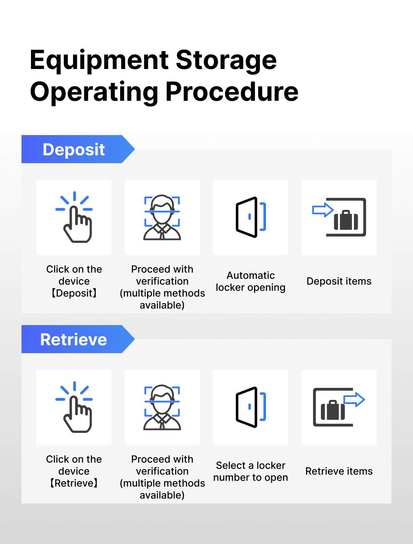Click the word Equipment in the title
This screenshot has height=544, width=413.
click(x=99, y=61)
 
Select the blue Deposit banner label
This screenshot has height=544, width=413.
click(x=74, y=150)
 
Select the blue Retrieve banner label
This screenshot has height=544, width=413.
click(x=74, y=339)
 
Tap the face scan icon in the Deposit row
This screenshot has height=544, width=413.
click(x=162, y=217)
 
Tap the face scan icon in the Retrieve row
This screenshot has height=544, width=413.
click(x=162, y=407)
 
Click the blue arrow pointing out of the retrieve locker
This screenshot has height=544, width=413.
click(x=354, y=399)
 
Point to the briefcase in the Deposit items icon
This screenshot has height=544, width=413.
click(x=346, y=220)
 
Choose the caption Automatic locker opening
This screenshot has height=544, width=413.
click(x=250, y=281)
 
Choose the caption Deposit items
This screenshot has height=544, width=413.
click(x=339, y=281)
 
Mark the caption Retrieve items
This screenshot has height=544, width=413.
click(x=339, y=471)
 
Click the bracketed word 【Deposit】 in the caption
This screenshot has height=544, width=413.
click(x=74, y=293)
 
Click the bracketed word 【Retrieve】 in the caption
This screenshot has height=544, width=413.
click(x=74, y=483)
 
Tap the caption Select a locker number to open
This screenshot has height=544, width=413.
click(x=250, y=471)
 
